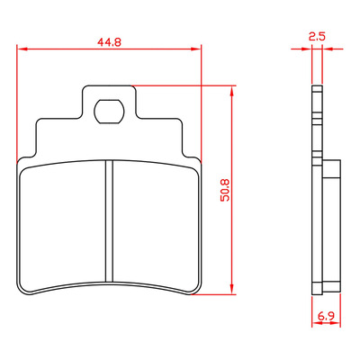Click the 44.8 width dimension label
tap(109, 42)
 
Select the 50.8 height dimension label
tap(225, 190)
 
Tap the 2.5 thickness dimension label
tap(317, 37)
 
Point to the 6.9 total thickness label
tap(326, 316)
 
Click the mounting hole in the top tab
tap(109, 112)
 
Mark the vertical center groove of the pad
tap(110, 220)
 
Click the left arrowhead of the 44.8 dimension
tap(22, 49)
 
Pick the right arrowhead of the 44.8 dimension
tap(195, 49)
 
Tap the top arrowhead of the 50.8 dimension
tap(231, 91)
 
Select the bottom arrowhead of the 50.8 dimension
tap(231, 289)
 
